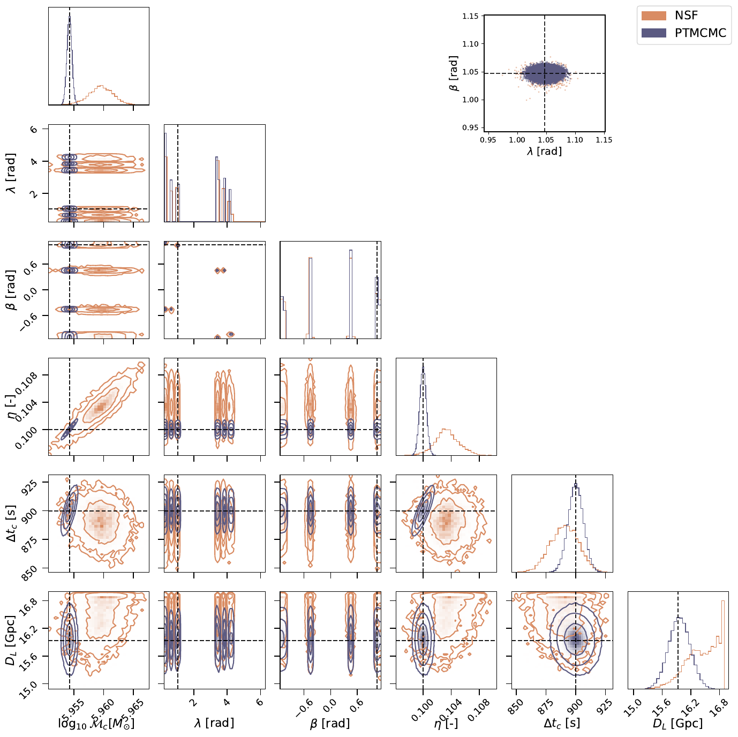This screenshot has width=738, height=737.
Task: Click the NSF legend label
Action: click(686, 16)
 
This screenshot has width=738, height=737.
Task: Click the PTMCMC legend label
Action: click(700, 33)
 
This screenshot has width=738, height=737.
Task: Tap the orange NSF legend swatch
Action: click(654, 16)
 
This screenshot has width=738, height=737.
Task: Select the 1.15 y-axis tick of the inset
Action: click(470, 16)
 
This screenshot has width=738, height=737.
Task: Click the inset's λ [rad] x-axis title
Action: click(544, 152)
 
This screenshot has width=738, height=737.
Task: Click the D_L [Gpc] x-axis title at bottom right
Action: click(677, 724)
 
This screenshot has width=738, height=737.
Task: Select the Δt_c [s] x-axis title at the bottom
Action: click(562, 724)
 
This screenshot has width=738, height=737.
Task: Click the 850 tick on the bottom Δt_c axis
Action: click(516, 706)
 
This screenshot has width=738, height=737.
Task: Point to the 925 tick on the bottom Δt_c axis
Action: click(604, 706)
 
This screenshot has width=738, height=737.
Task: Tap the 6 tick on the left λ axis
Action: click(34, 129)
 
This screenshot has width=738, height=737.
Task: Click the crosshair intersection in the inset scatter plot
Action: click(545, 73)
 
